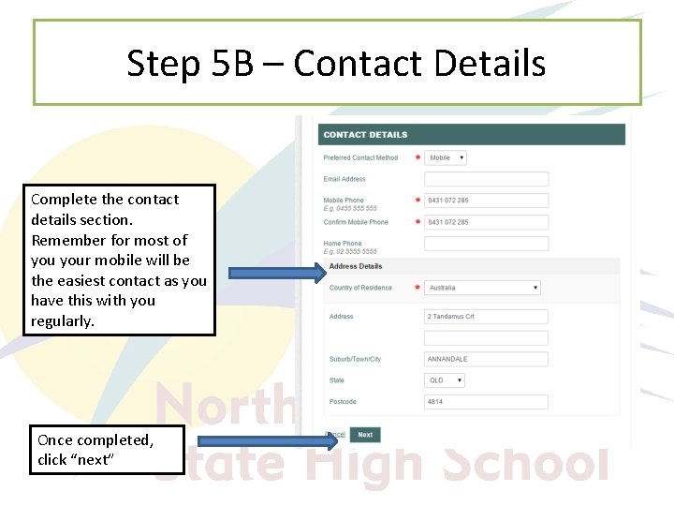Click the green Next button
[x=365, y=435]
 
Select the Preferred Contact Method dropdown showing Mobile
[x=446, y=158]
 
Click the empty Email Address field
[x=486, y=179]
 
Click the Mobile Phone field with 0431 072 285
[x=486, y=201]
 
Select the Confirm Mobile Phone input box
[x=486, y=222]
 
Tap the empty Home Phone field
[x=486, y=244]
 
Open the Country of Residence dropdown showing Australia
[x=483, y=288]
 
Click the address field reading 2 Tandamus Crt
[x=486, y=317]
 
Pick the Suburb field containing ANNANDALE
[x=486, y=359]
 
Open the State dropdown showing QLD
[x=446, y=380]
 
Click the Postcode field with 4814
[x=486, y=402]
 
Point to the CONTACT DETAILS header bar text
[x=365, y=135]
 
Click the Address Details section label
[x=355, y=266]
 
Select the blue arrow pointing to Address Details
[x=277, y=274]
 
